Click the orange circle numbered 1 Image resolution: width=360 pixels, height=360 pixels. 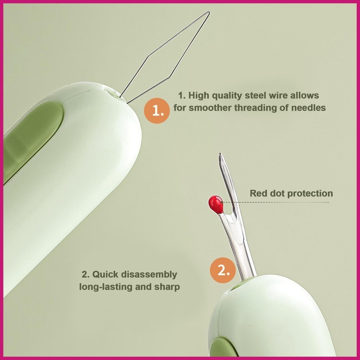click(157, 111)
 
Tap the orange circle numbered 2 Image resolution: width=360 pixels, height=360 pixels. click(223, 270)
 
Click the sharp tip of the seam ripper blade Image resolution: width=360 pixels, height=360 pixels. click(220, 154)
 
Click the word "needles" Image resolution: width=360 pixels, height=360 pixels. click(308, 108)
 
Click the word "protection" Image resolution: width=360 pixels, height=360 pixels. click(310, 193)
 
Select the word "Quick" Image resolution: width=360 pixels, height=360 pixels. click(105, 274)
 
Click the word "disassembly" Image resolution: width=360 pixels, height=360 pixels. click(149, 275)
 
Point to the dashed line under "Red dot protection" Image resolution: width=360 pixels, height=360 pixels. click(276, 202)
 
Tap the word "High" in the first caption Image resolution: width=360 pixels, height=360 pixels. click(199, 96)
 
